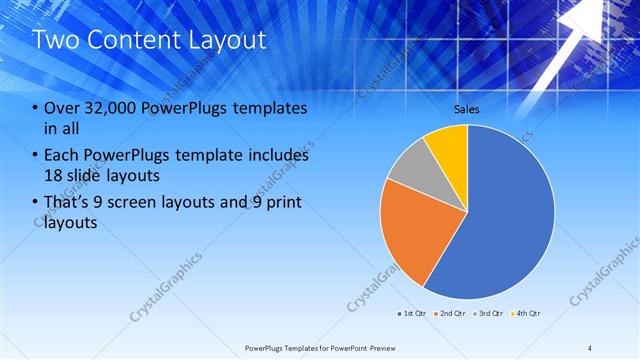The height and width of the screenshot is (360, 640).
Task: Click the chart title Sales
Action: (467, 107)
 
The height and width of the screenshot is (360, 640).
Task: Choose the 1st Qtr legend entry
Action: (413, 313)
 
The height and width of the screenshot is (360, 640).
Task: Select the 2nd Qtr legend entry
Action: (451, 313)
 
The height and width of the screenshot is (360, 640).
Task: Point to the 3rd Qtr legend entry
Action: (488, 313)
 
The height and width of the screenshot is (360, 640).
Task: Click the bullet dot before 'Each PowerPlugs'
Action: (36, 157)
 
